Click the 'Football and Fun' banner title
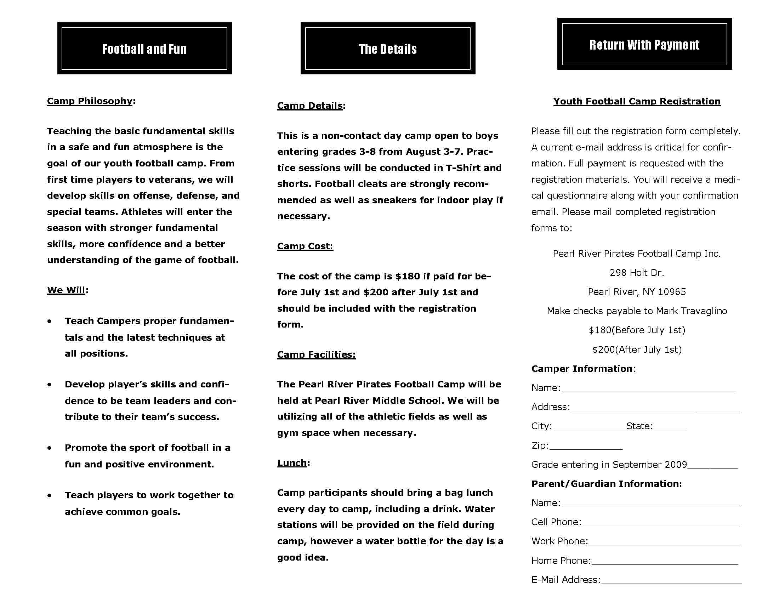[x=144, y=49]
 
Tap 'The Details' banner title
[x=387, y=49]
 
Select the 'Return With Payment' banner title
[x=644, y=45]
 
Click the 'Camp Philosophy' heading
[x=90, y=101]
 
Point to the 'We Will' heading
[x=66, y=290]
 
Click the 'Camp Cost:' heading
[x=305, y=246]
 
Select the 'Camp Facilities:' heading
[x=316, y=354]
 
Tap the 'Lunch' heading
[x=292, y=463]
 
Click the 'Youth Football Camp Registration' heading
[x=637, y=101]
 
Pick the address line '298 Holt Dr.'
[x=637, y=273]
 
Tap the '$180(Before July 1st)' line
[x=637, y=330]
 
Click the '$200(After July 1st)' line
[x=637, y=350]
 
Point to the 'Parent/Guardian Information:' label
[x=606, y=484]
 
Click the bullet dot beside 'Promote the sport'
[x=49, y=448]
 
